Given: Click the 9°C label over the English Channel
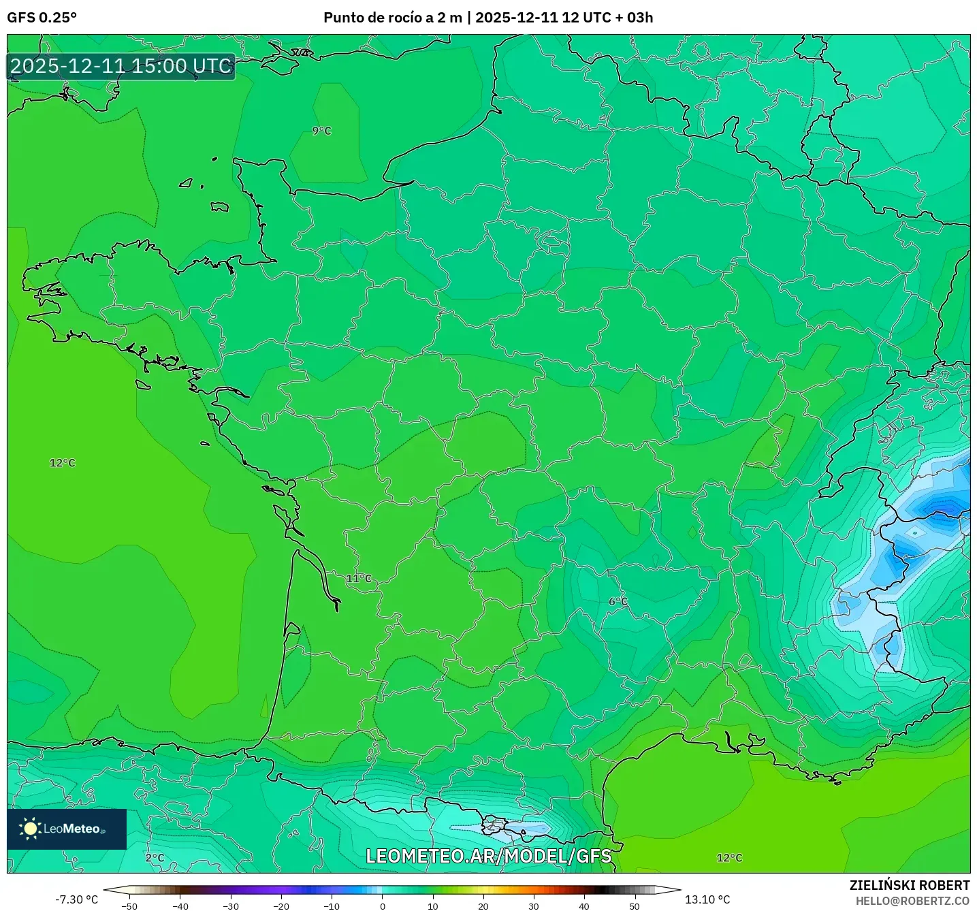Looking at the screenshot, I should [x=321, y=131].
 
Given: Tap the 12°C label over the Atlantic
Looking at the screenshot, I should [x=62, y=463].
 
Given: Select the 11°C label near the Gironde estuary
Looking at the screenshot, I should [x=359, y=579].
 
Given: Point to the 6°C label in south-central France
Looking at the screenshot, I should [x=618, y=602].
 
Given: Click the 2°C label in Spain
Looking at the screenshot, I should [x=155, y=858].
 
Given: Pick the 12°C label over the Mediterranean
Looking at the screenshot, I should [x=729, y=858].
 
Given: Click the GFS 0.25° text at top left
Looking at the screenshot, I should [x=42, y=18].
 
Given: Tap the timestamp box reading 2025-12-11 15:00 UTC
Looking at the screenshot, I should [x=121, y=66].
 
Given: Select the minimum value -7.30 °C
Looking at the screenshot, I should [x=76, y=899].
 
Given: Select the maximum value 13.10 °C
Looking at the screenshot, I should [x=707, y=899].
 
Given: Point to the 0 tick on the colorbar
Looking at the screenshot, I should [x=382, y=906].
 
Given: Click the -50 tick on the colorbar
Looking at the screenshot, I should [x=129, y=906].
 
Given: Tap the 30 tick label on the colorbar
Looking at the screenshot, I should [x=533, y=906].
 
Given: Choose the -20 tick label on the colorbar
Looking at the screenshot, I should [x=281, y=906].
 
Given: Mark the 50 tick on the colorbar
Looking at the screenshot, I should [x=635, y=906].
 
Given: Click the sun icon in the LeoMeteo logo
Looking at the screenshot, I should [x=30, y=829].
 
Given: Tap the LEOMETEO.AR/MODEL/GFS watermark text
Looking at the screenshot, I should [x=488, y=856].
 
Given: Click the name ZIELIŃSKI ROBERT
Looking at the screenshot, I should [x=910, y=885].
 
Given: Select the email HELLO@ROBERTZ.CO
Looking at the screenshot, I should [x=912, y=901].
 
